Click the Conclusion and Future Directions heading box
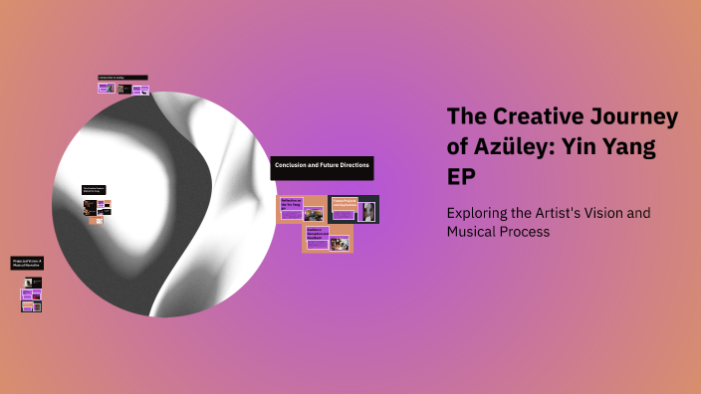pos(322,167)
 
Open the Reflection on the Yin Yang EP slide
pos(302,209)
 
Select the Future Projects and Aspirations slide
pos(353,209)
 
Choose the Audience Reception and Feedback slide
pos(328,239)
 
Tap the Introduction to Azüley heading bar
pos(122,77)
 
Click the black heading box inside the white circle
pos(95,189)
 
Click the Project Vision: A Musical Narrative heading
pos(28,264)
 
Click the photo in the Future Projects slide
pos(366,211)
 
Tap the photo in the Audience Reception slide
pos(340,242)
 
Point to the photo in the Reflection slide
pos(314,214)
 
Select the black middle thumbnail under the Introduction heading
pos(123,89)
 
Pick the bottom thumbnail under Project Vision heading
pos(31,306)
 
